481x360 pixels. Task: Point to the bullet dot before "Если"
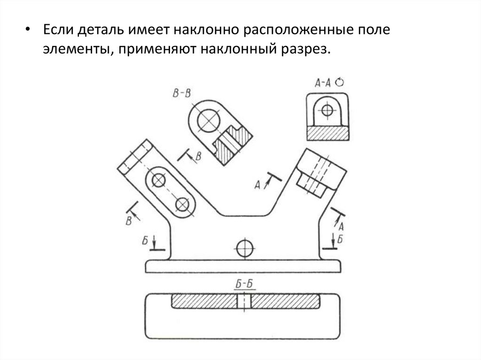(x=29, y=30)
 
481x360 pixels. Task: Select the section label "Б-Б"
(x=243, y=284)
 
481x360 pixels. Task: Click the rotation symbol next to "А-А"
(x=340, y=82)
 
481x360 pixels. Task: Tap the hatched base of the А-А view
(x=327, y=133)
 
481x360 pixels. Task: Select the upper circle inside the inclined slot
(x=159, y=180)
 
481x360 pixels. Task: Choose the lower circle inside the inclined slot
(x=181, y=203)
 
